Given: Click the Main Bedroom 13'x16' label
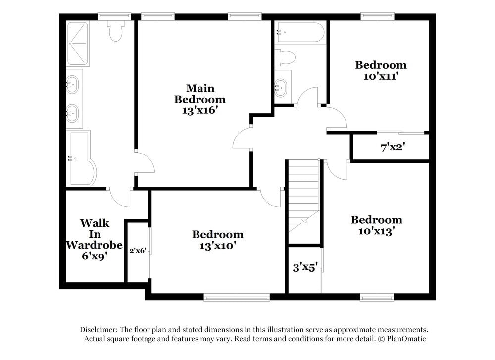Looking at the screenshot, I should coord(200,100).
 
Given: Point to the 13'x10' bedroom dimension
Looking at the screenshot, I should coord(217,245).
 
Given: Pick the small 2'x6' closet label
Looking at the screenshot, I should coord(138,251).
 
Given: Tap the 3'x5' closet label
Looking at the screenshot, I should coord(304,268).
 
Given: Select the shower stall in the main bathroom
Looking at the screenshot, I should coord(78,44).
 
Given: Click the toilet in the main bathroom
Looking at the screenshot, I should coord(115,31).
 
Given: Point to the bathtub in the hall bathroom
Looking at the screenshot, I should coord(300,33).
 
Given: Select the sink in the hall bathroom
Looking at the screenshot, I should coord(281,87).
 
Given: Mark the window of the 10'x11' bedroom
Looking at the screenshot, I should coord(377,17).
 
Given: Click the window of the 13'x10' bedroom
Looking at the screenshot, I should coord(237,297).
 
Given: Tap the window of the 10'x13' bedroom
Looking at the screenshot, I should coord(377,297).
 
